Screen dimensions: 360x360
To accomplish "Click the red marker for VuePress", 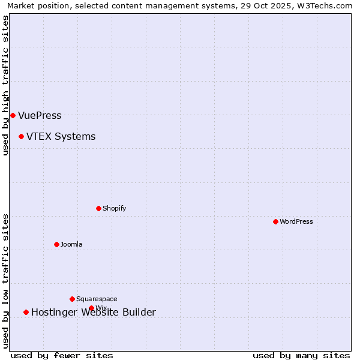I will (x=13, y=115).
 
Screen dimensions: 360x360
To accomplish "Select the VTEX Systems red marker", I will (x=21, y=136).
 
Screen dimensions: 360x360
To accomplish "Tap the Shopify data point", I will (x=98, y=208).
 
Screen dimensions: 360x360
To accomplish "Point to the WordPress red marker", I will (x=275, y=221).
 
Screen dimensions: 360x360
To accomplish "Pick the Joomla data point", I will (x=56, y=244).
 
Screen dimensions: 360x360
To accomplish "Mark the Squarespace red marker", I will (x=72, y=299).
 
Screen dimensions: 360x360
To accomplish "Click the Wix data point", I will (x=91, y=308).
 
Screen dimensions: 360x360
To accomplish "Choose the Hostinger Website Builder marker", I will (x=26, y=312).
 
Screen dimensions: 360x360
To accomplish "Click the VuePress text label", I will (x=40, y=115).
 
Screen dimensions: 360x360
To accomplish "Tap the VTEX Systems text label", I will (x=61, y=136).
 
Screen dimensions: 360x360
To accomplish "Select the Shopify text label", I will (x=114, y=208).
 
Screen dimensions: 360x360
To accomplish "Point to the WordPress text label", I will (x=296, y=221).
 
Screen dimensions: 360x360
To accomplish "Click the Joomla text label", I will (x=71, y=244).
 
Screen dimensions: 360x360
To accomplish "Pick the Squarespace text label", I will (x=97, y=299).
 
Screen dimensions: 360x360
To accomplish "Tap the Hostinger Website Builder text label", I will (x=93, y=312).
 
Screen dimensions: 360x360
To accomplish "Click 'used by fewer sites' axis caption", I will (x=62, y=355).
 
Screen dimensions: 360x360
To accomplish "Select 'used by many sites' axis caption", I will (x=301, y=355).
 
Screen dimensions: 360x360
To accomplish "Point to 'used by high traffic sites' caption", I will (x=5, y=85).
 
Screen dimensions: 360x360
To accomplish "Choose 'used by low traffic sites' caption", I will (x=5, y=280).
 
